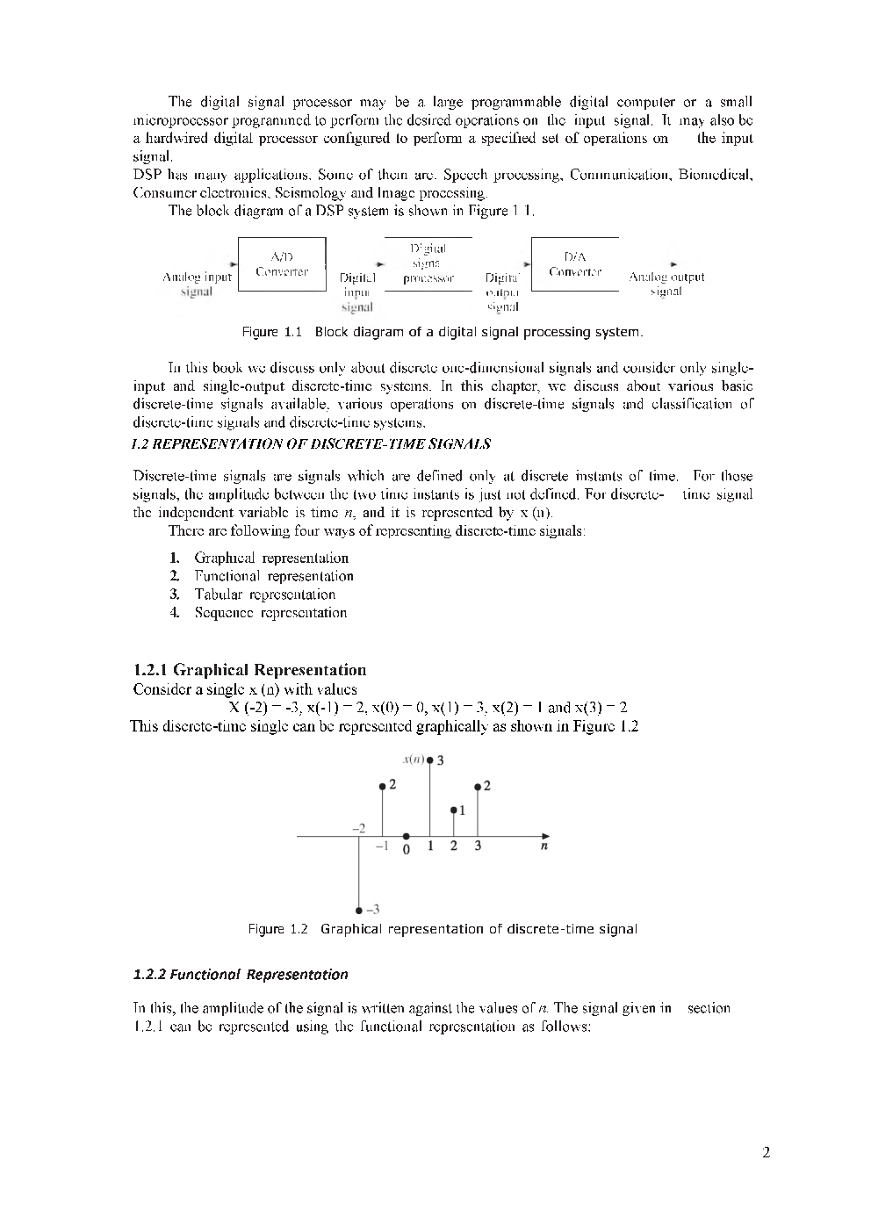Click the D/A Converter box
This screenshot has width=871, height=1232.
[575, 264]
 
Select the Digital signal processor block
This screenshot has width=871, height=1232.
[428, 264]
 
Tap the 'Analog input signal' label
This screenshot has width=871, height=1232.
[198, 284]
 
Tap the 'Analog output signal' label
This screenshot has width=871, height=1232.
[666, 284]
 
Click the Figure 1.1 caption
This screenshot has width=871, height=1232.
[443, 332]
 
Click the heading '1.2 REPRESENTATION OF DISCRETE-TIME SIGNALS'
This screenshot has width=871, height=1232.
[311, 444]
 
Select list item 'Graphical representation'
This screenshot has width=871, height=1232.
[270, 558]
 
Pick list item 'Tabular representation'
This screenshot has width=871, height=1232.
[264, 594]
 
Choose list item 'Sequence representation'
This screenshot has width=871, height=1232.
[270, 613]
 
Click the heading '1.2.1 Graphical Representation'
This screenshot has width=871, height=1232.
[249, 670]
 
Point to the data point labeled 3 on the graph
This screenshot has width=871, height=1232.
[429, 760]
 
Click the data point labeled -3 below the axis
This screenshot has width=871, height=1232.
[359, 910]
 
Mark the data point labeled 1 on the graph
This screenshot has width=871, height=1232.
[453, 810]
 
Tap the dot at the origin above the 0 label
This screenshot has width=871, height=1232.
[406, 837]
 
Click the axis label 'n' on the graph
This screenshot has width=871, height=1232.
[544, 847]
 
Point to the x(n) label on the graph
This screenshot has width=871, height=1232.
[413, 759]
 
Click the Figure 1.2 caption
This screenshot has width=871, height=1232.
[443, 929]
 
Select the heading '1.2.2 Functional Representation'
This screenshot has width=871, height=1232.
[240, 974]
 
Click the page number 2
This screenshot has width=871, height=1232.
[766, 1153]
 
